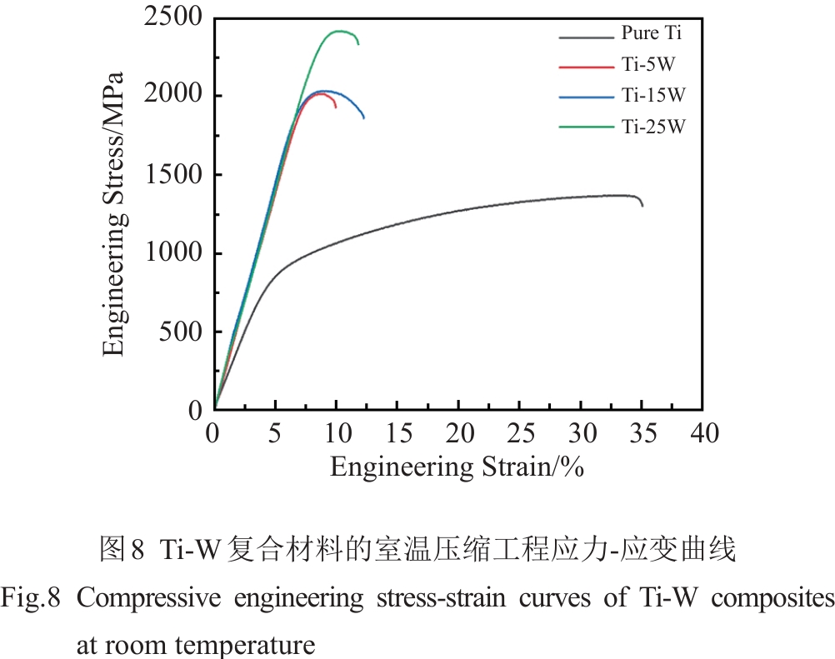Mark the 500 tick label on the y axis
click(x=182, y=332)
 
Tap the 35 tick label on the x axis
click(x=642, y=433)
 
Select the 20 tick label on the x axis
click(x=458, y=433)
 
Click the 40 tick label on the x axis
click(x=702, y=433)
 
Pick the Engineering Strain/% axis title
click(x=457, y=467)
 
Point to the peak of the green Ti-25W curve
click(x=339, y=31)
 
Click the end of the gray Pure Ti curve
click(x=642, y=205)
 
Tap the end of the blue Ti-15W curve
click(x=364, y=117)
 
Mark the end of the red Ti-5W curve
click(x=336, y=107)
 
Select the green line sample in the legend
click(x=585, y=127)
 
